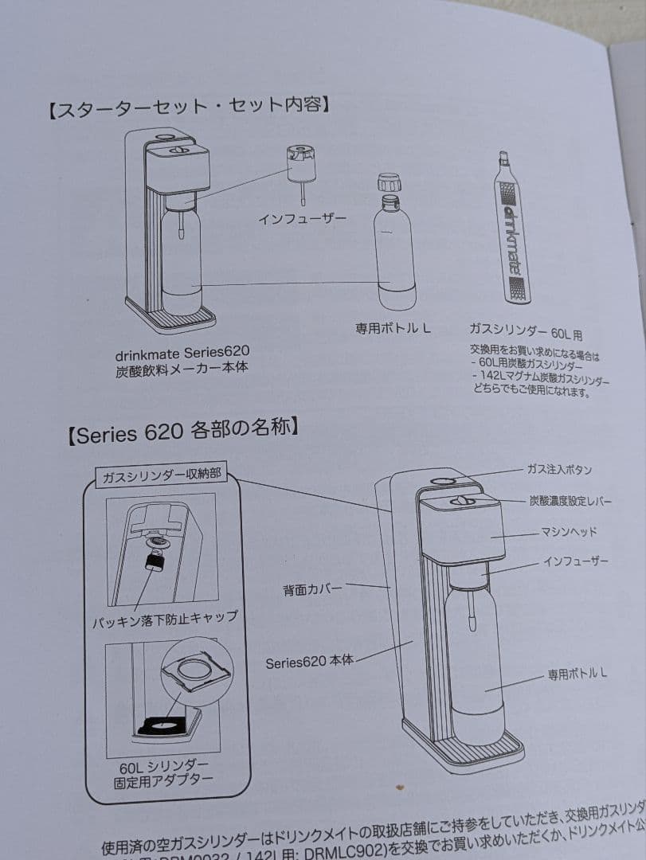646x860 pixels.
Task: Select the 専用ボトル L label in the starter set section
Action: [x=393, y=327]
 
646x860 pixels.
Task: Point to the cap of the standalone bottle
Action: [x=388, y=182]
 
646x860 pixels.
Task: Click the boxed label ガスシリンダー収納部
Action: [x=159, y=476]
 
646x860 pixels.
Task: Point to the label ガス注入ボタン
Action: [x=559, y=470]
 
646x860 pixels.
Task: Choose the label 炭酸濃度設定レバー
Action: [x=570, y=501]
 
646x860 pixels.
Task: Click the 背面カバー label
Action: [x=312, y=590]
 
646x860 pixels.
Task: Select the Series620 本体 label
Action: [x=309, y=661]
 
